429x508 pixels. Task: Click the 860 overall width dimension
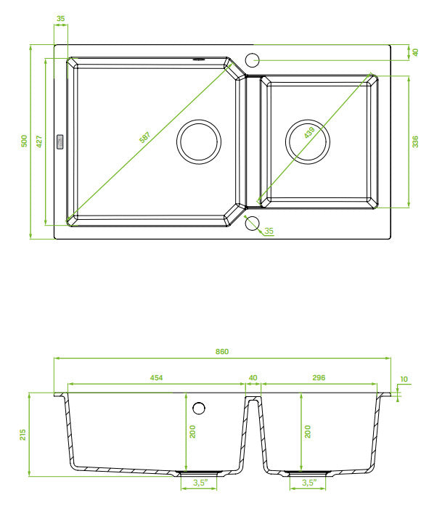[x=222, y=351]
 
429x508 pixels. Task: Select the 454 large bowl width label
[x=156, y=378]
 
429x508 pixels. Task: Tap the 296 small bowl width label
[x=319, y=378]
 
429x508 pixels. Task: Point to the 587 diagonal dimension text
[x=145, y=137]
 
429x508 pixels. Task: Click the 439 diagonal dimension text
[x=309, y=133]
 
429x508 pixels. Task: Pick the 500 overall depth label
[x=24, y=141]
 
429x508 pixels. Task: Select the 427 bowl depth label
[x=39, y=142]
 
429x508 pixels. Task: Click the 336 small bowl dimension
[x=415, y=142]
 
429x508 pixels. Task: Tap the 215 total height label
[x=23, y=435]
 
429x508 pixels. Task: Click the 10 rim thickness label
[x=404, y=379]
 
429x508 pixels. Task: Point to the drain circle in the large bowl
[x=199, y=142]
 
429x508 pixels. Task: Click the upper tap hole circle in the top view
[x=252, y=60]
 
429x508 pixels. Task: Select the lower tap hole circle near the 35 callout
[x=252, y=224]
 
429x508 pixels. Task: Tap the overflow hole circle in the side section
[x=199, y=408]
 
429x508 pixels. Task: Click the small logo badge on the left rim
[x=60, y=142]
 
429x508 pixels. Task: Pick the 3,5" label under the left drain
[x=200, y=483]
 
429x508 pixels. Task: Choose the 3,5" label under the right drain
[x=309, y=483]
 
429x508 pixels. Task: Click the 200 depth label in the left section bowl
[x=192, y=432]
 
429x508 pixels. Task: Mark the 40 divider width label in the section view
[x=253, y=378]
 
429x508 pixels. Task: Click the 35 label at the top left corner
[x=60, y=18]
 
